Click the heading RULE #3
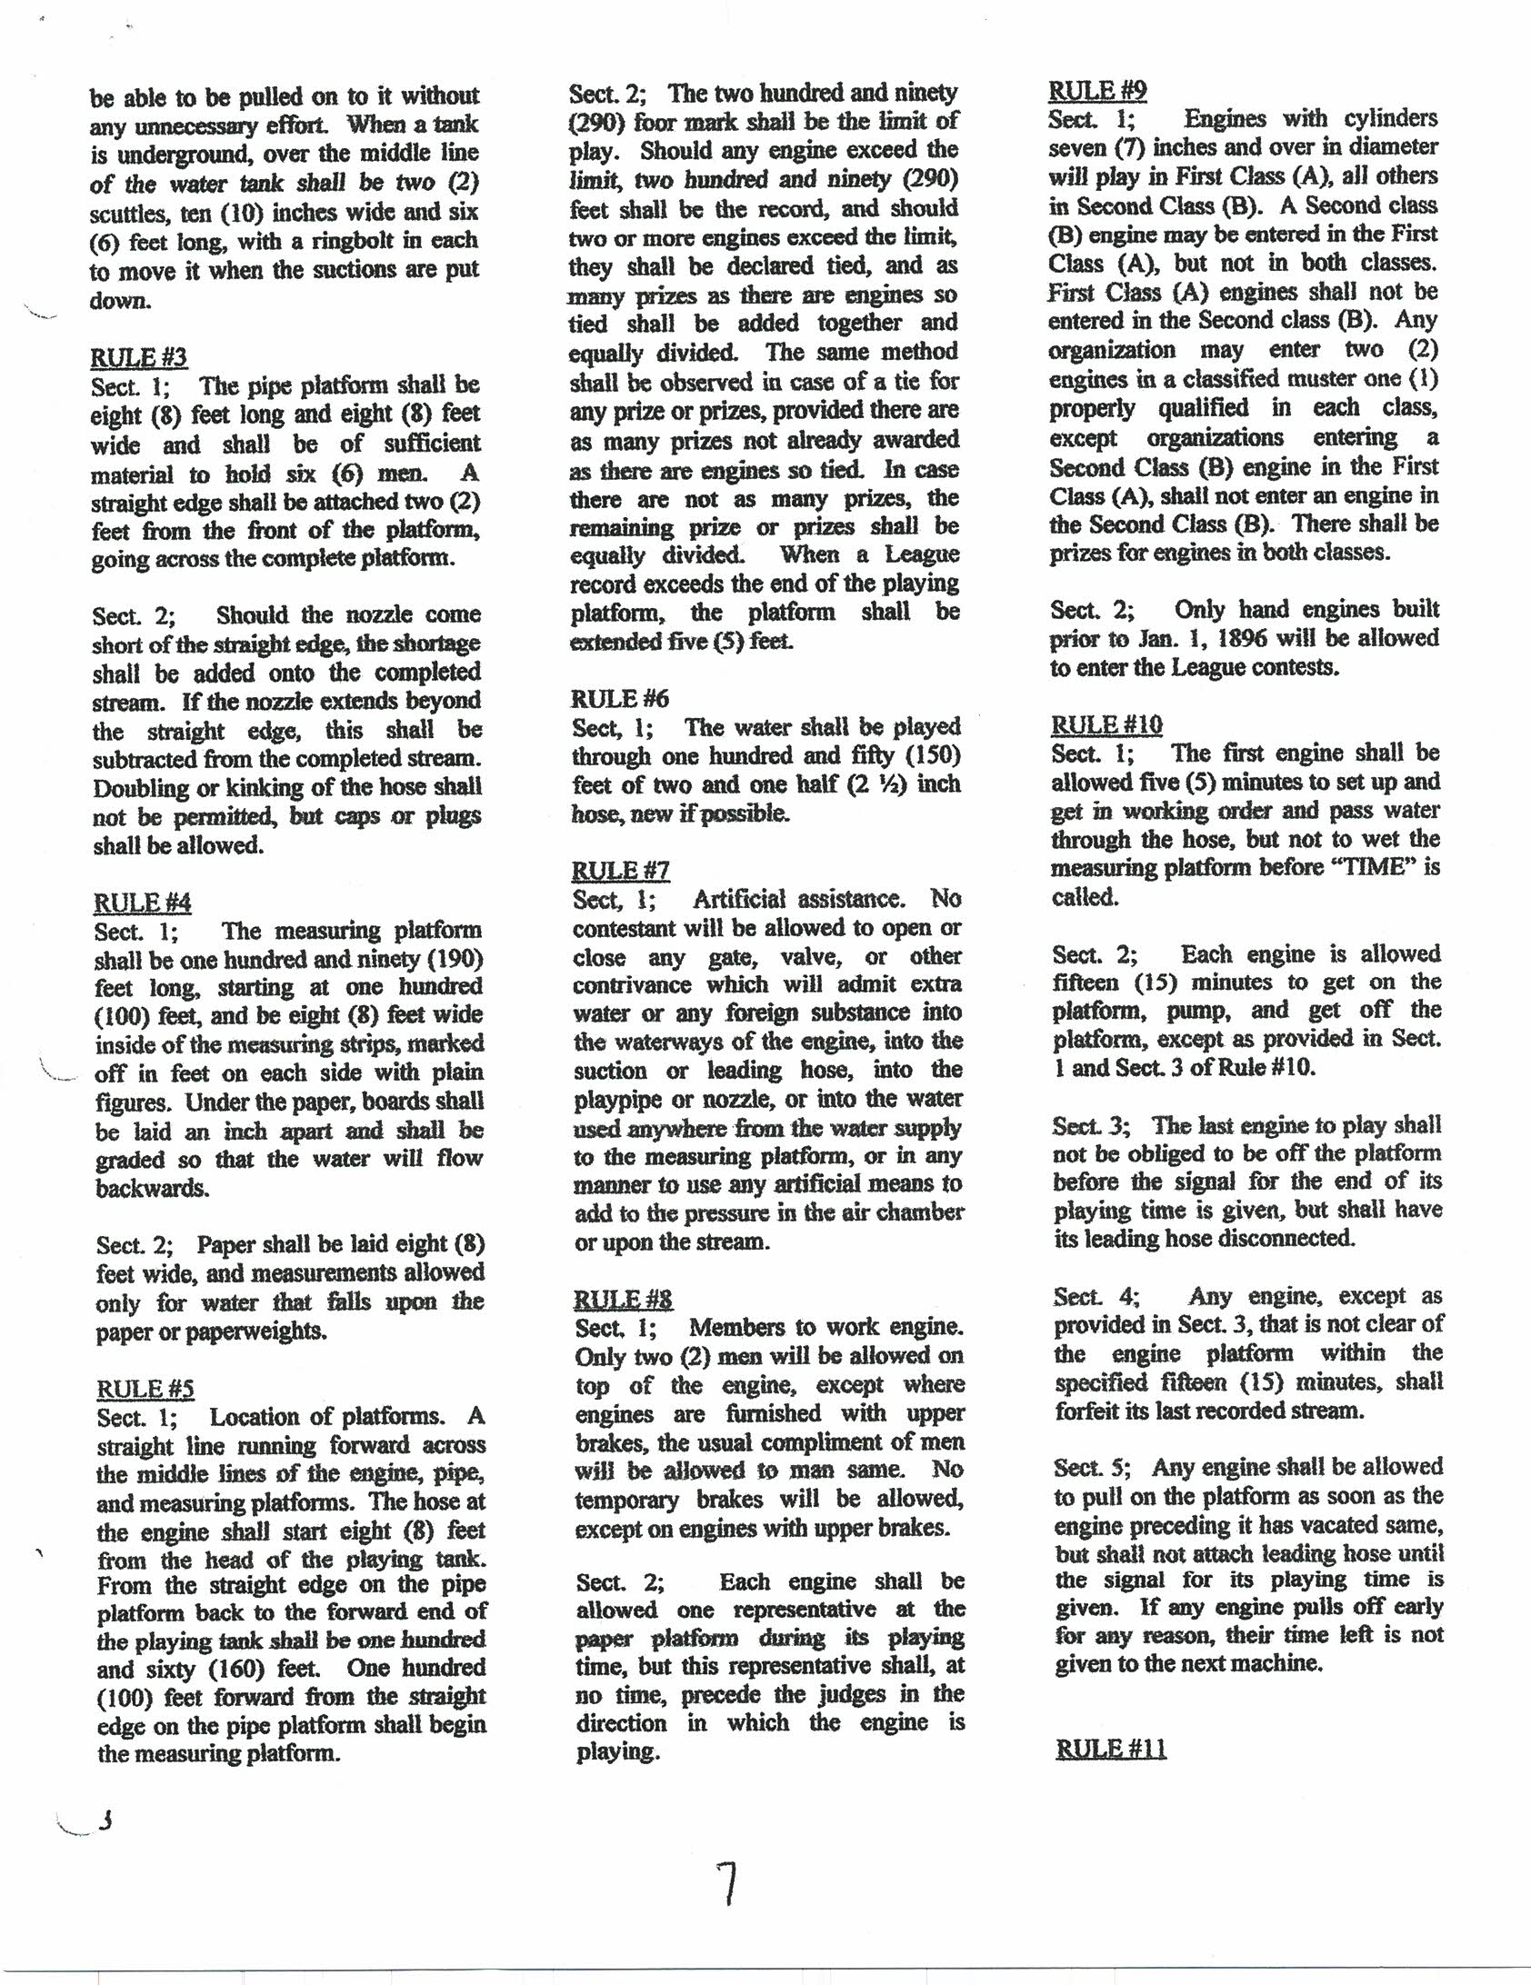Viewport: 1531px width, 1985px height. [x=138, y=357]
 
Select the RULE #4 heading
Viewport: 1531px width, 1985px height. [x=143, y=902]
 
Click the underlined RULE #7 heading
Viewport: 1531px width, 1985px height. [x=620, y=870]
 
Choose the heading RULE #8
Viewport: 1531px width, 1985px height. [x=623, y=1299]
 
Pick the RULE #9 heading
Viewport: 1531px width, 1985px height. [x=1097, y=90]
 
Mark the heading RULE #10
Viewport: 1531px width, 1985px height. [x=1106, y=724]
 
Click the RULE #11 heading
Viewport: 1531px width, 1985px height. [x=1110, y=1749]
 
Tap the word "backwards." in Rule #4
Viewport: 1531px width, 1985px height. [x=152, y=1188]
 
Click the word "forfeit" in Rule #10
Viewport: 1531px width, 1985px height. [x=1090, y=1411]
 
